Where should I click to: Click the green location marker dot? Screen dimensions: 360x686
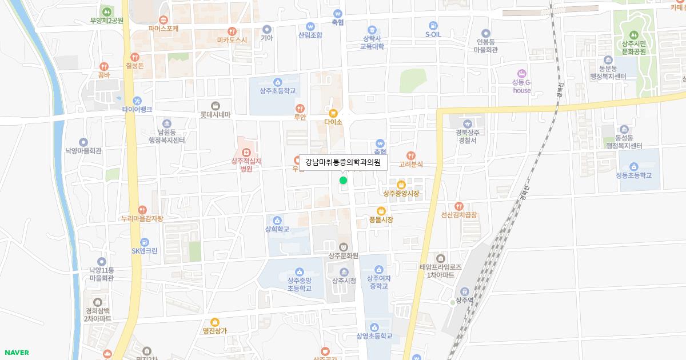[x=343, y=181]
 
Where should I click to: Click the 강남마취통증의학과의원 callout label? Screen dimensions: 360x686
[x=343, y=162]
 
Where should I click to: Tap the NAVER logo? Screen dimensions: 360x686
[x=15, y=353]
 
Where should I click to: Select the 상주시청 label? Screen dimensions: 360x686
[x=344, y=281]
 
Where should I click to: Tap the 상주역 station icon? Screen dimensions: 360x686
[x=464, y=291]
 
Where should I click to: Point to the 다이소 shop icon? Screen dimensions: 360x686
[x=333, y=113]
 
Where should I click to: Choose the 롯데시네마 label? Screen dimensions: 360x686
[x=215, y=114]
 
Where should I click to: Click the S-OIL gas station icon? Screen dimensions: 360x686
[x=433, y=26]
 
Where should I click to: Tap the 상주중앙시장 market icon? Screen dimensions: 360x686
[x=401, y=185]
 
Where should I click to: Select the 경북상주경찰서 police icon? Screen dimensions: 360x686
[x=468, y=123]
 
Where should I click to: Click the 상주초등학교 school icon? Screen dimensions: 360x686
[x=278, y=82]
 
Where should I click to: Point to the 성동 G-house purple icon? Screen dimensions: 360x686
[x=521, y=73]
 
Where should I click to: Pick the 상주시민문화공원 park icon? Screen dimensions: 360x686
[x=633, y=33]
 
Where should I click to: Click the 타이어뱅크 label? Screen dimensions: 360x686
[x=137, y=109]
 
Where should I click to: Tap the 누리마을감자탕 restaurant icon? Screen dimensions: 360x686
[x=142, y=210]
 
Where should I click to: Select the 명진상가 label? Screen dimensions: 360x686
[x=215, y=330]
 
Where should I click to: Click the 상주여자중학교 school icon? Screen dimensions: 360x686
[x=378, y=269]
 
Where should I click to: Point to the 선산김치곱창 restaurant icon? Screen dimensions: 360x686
[x=458, y=206]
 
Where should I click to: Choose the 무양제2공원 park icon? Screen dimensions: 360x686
[x=106, y=11]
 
